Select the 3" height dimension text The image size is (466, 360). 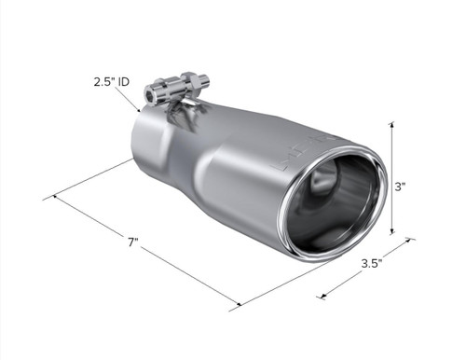[402, 187]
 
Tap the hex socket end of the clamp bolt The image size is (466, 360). [151, 94]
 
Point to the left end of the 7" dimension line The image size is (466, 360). [55, 196]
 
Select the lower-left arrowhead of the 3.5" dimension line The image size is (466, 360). [322, 297]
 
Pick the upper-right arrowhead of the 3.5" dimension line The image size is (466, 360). [410, 244]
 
